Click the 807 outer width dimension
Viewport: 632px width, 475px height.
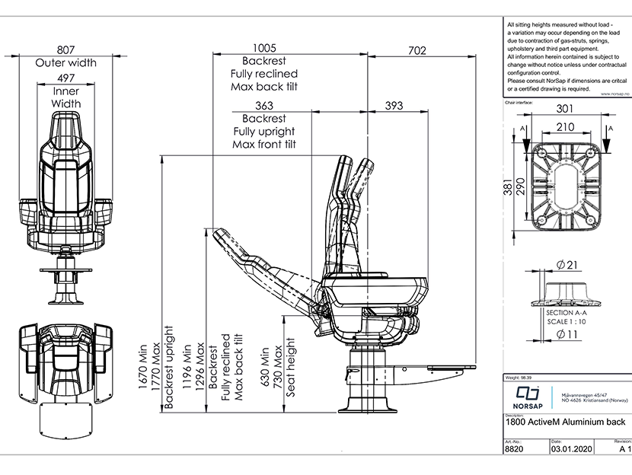coord(65,47)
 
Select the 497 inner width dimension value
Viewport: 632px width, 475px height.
coord(65,78)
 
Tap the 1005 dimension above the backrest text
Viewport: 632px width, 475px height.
coord(264,47)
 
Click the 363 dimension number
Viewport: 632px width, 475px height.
coord(264,106)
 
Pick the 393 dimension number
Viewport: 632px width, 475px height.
coord(394,106)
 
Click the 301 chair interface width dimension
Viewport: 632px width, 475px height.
coord(564,108)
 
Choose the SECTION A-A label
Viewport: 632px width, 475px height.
coord(566,312)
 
